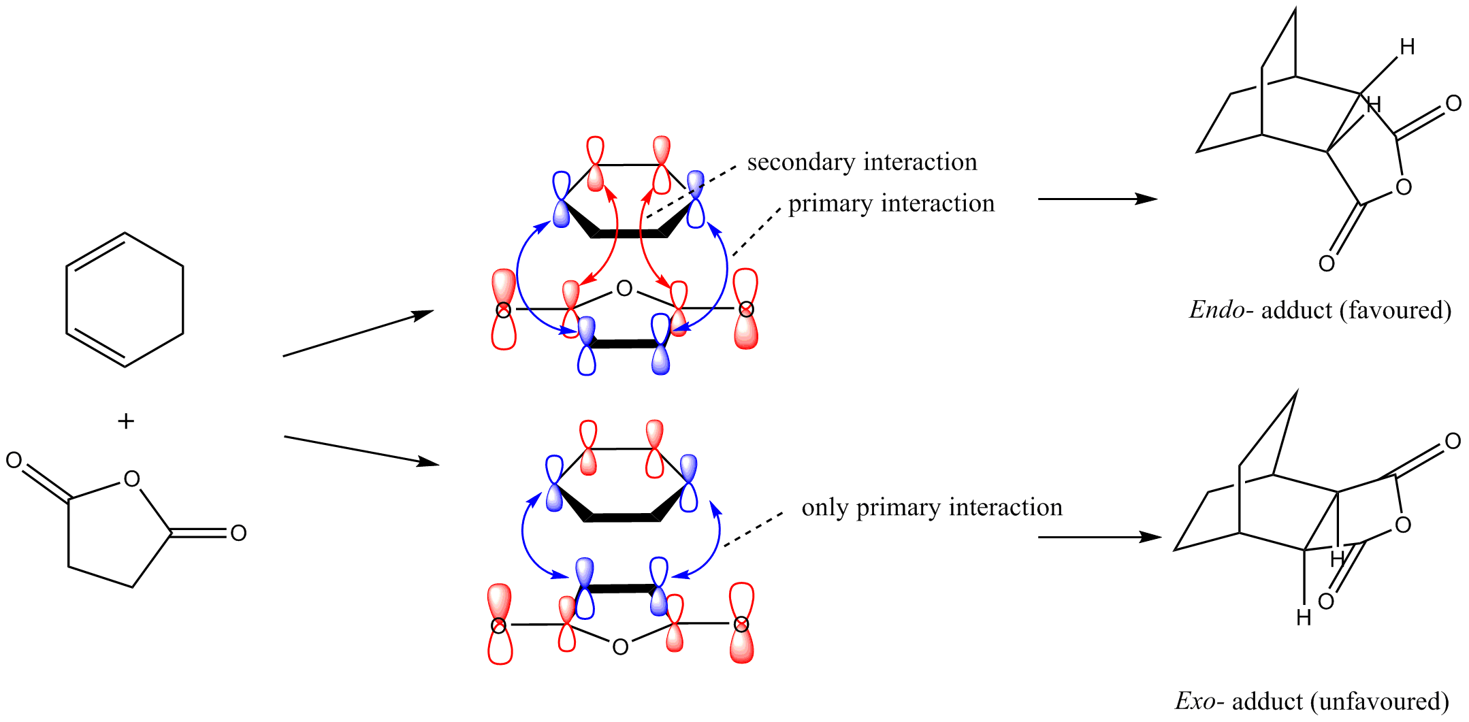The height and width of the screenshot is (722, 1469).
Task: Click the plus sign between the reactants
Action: point(126,421)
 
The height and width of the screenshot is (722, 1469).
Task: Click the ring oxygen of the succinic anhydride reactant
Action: point(132,479)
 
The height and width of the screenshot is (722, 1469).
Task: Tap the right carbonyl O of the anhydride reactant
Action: point(238,533)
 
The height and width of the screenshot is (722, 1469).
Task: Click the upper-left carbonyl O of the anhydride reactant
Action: point(14,461)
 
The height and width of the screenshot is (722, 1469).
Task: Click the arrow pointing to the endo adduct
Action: point(1097,199)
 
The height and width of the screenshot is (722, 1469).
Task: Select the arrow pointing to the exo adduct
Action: point(1099,537)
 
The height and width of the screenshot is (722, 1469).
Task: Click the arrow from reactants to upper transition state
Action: point(358,333)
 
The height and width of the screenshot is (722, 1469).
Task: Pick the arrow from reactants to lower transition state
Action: point(361,450)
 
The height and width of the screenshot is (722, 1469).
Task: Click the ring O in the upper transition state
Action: point(624,289)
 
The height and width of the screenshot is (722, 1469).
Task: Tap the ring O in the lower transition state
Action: point(620,646)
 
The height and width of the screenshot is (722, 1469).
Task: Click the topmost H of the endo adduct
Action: point(1408,47)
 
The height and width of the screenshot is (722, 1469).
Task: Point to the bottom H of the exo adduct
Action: point(1304,617)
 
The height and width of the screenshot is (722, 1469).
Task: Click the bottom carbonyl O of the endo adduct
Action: point(1327,263)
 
